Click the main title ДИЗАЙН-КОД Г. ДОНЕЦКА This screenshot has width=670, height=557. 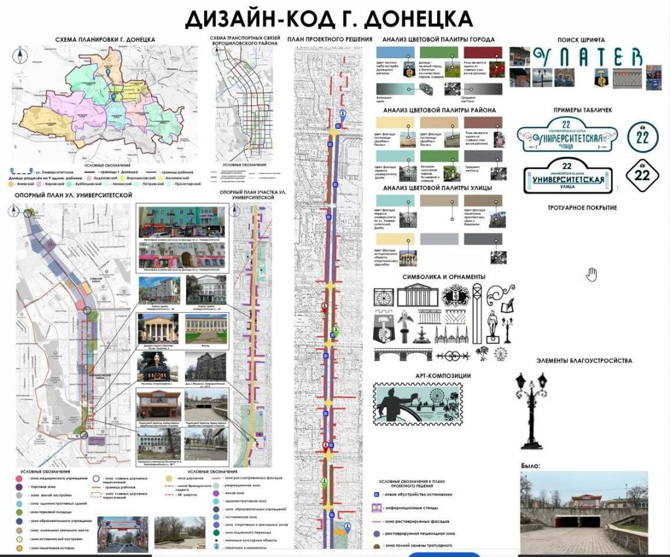[328, 18]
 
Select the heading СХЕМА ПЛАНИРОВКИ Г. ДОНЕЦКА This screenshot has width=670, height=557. [105, 39]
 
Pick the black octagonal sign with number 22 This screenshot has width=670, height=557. [643, 175]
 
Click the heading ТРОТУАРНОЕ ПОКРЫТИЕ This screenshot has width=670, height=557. [582, 208]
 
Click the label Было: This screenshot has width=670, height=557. [531, 466]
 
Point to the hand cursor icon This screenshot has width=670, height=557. [591, 274]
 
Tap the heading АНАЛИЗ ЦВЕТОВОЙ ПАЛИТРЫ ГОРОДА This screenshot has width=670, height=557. [438, 39]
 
